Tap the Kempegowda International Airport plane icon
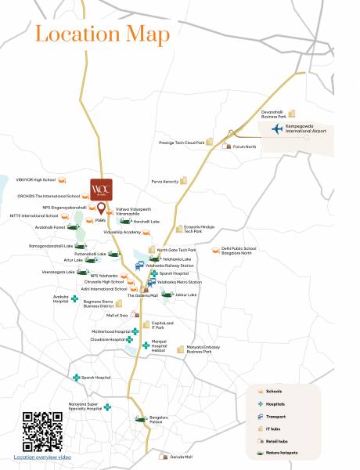pyautogui.click(x=276, y=129)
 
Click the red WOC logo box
pyautogui.click(x=101, y=189)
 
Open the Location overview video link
pyautogui.click(x=41, y=456)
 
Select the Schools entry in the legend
pyautogui.click(x=274, y=391)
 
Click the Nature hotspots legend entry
pyautogui.click(x=282, y=454)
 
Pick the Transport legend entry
pyautogui.click(x=275, y=416)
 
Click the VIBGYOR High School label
pyautogui.click(x=35, y=179)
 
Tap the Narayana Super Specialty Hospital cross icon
pyautogui.click(x=107, y=407)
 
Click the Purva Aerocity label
pyautogui.click(x=165, y=181)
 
